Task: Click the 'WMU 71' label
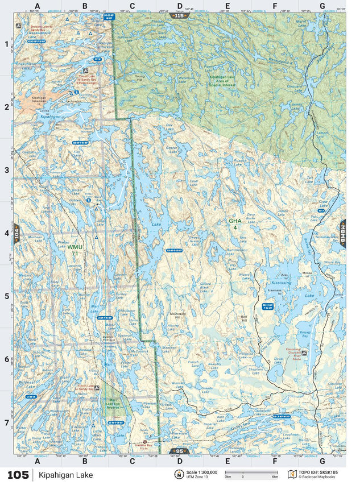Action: tap(75, 250)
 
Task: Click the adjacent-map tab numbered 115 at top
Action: tap(180, 15)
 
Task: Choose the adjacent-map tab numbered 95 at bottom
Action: tap(180, 451)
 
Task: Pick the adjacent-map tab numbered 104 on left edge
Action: tap(16, 234)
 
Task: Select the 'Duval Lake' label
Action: tap(278, 360)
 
